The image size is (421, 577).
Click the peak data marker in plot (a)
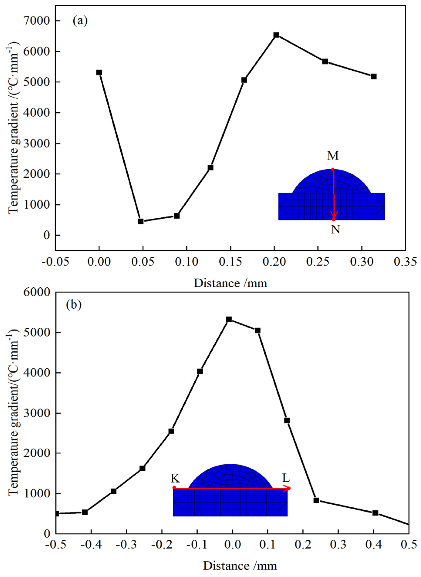point(276,35)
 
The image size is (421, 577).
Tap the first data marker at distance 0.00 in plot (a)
point(99,73)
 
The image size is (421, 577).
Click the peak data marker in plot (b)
point(229,319)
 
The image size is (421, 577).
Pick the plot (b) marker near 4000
point(200,371)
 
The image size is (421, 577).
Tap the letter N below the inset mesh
point(335,229)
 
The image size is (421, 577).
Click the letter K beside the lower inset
point(175,479)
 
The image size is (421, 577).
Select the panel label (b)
point(74,304)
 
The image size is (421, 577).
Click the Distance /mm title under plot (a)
point(230,283)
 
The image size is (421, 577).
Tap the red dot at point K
point(174,487)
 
